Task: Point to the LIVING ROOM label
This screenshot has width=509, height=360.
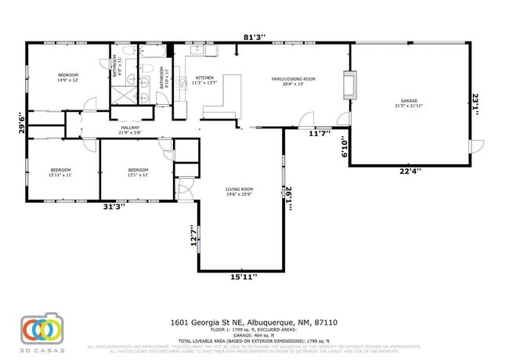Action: (x=240, y=191)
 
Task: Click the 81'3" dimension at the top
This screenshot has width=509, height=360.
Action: (x=254, y=36)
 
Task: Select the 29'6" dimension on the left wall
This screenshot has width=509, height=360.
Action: (x=23, y=124)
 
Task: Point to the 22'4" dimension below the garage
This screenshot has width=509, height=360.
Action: (x=410, y=171)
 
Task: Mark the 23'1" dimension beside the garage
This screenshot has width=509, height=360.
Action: (x=475, y=104)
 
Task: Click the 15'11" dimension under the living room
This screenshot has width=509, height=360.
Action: (x=244, y=276)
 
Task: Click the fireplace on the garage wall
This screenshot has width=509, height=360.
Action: (x=350, y=84)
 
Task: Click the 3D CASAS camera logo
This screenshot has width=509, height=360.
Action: (x=41, y=329)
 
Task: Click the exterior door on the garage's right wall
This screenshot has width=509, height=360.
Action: (x=474, y=146)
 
